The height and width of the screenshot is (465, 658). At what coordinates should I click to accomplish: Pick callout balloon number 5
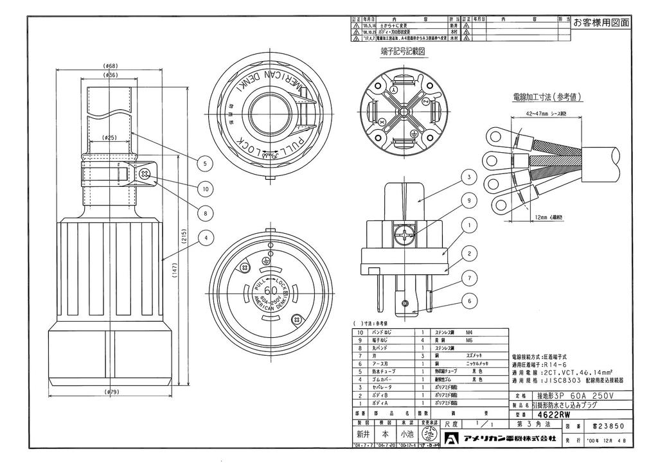pyautogui.click(x=204, y=164)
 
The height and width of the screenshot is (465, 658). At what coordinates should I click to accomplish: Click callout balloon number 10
pyautogui.click(x=204, y=189)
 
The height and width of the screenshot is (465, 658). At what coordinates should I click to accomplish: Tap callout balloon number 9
pyautogui.click(x=470, y=201)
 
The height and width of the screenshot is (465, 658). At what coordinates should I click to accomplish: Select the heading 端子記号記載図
pyautogui.click(x=403, y=51)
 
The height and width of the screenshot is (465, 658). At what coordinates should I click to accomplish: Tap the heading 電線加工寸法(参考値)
pyautogui.click(x=547, y=98)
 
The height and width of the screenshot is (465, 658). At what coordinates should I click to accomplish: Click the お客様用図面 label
pyautogui.click(x=602, y=23)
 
